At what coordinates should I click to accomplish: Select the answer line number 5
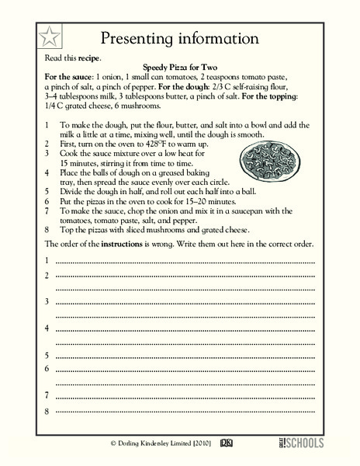point(48,355)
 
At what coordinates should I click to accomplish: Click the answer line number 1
point(48,260)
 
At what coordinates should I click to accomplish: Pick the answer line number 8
point(48,410)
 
